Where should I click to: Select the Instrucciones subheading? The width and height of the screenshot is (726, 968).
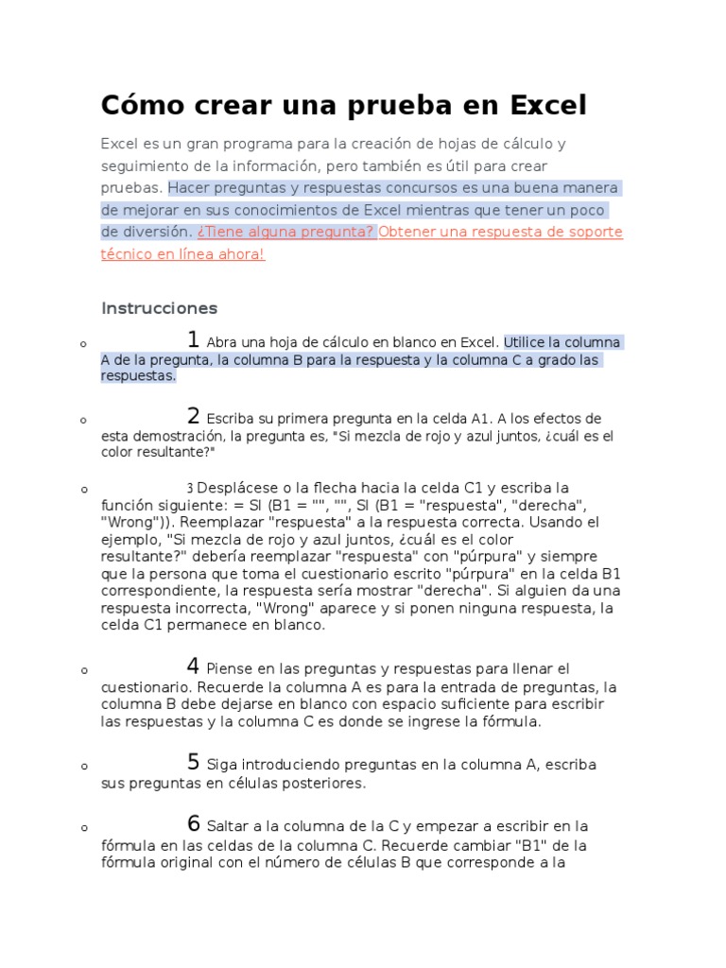(159, 308)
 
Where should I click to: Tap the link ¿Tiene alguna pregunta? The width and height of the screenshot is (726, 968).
(286, 232)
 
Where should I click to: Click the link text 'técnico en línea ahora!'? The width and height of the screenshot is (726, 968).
(182, 254)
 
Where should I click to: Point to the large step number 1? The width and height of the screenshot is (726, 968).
(193, 339)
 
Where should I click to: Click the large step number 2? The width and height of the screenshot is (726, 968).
(193, 416)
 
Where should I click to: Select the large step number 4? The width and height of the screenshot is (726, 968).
(193, 666)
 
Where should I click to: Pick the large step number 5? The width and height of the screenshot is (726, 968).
(193, 762)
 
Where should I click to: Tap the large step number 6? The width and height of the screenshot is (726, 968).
(193, 823)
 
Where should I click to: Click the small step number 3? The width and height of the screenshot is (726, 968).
(189, 488)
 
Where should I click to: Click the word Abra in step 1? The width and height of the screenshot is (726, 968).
(220, 342)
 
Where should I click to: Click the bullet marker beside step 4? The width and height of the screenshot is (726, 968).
(84, 670)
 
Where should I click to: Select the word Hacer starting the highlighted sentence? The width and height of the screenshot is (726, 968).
(191, 187)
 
